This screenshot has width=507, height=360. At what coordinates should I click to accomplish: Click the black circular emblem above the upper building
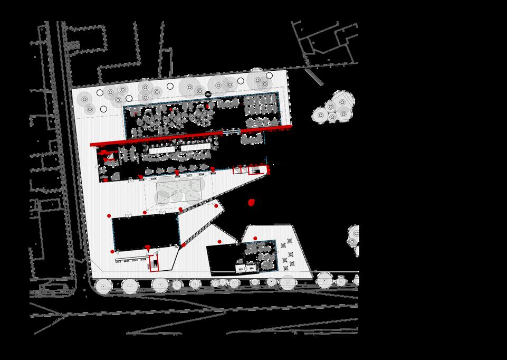click(x=209, y=94)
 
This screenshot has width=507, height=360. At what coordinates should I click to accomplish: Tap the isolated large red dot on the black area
click(x=252, y=202)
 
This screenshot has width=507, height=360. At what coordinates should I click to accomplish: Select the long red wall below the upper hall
click(x=153, y=140)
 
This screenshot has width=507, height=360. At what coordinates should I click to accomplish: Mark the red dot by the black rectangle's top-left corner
click(x=109, y=216)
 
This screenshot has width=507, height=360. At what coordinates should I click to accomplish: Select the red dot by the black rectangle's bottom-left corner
click(x=112, y=252)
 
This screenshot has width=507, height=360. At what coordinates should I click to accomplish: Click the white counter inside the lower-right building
click(x=245, y=268)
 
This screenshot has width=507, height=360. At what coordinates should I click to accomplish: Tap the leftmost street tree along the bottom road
click(x=102, y=286)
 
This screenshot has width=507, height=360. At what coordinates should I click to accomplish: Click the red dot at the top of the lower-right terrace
click(x=255, y=238)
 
